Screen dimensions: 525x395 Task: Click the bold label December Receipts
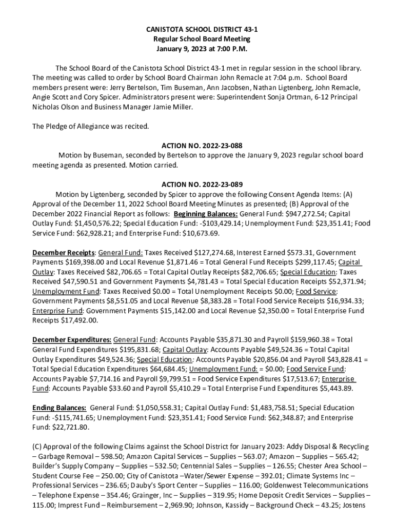64,253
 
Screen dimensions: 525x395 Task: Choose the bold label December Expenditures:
72,340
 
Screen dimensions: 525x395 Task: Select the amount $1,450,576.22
84,224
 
